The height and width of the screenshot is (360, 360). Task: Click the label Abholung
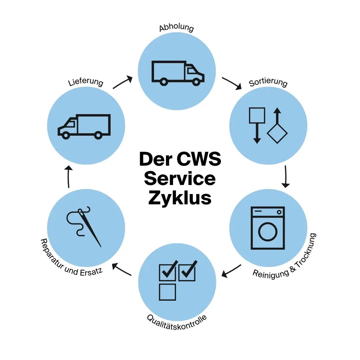click(x=176, y=27)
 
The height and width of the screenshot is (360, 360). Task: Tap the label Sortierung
click(x=268, y=83)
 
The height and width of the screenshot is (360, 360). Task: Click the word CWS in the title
click(x=199, y=159)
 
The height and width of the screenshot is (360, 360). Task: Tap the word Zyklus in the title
click(x=180, y=198)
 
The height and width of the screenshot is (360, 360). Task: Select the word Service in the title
click(x=180, y=179)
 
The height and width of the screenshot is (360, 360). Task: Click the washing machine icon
click(x=268, y=228)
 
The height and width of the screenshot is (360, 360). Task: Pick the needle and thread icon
click(x=84, y=226)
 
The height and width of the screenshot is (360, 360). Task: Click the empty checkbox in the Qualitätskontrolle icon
click(x=167, y=292)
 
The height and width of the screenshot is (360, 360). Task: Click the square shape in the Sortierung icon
click(x=257, y=115)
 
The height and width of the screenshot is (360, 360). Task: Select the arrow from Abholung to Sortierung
click(x=232, y=83)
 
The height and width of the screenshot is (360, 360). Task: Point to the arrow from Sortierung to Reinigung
click(x=286, y=177)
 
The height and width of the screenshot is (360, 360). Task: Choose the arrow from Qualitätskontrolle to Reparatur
click(x=122, y=269)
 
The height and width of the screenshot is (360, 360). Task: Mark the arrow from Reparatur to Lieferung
click(x=68, y=177)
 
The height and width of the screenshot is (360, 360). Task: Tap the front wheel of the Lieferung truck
click(x=66, y=135)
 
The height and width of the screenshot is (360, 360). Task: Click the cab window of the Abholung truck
click(x=191, y=70)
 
